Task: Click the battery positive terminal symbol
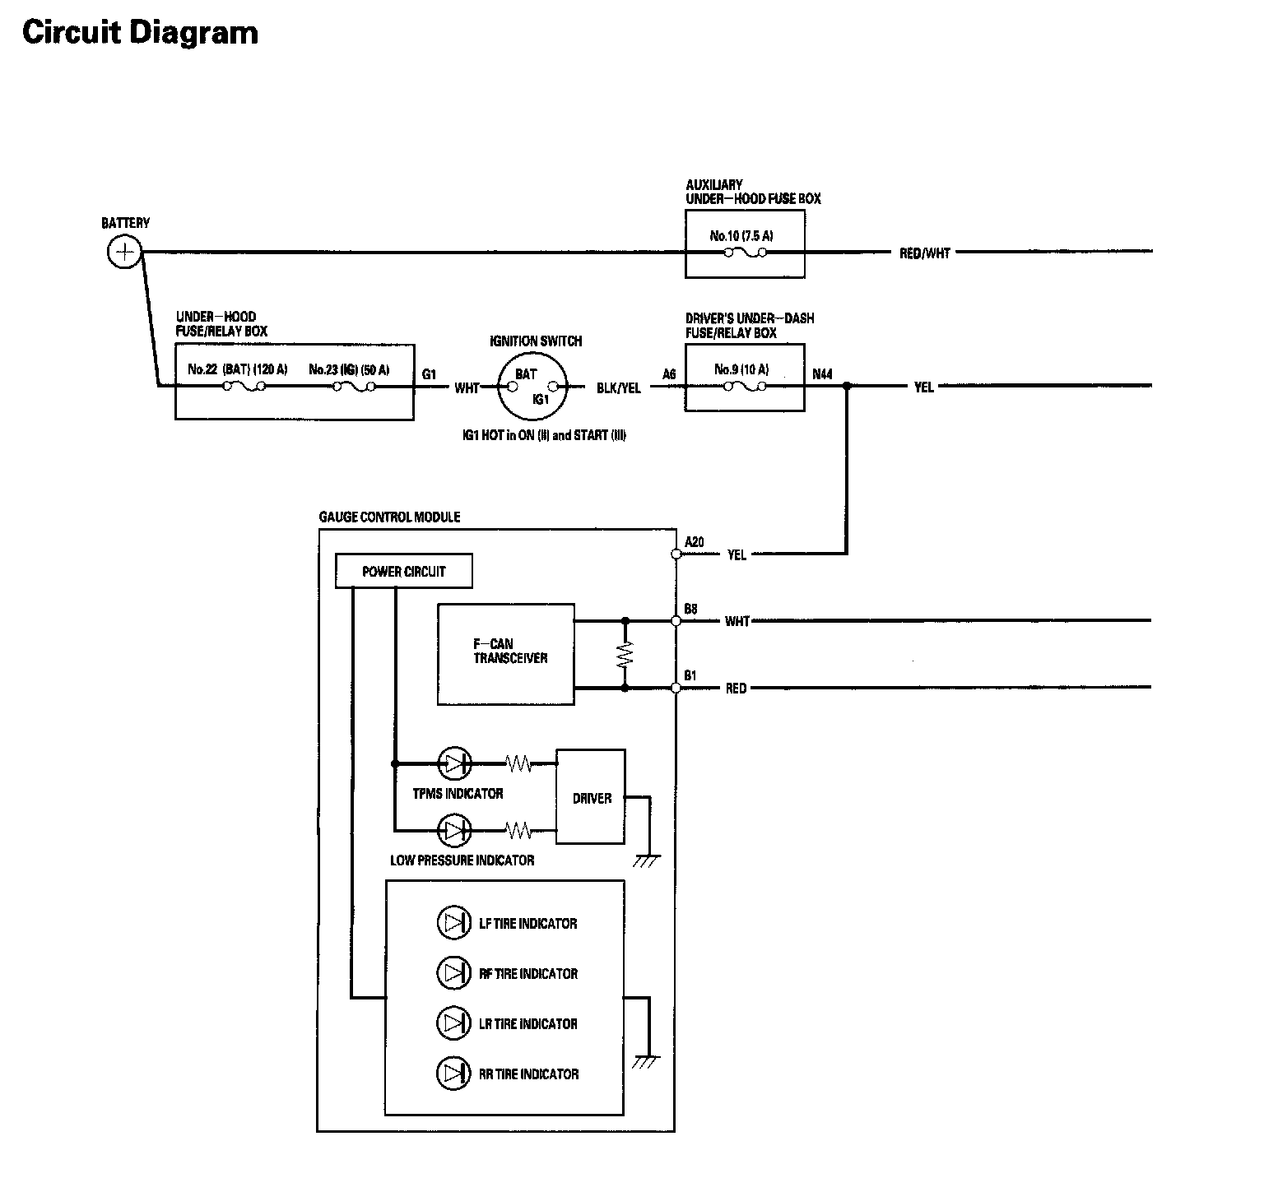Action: [124, 252]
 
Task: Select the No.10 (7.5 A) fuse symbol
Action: [745, 253]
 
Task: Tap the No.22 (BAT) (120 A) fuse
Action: [243, 386]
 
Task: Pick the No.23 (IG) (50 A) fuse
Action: [355, 386]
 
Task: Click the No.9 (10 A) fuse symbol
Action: [745, 386]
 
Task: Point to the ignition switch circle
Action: [532, 386]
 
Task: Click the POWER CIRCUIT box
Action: [404, 572]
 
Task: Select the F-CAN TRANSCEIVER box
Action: [506, 654]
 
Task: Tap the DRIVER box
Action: [591, 796]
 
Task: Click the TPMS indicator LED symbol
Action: [454, 764]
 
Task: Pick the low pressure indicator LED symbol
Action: [454, 831]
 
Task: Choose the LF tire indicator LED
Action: [453, 923]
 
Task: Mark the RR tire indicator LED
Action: [453, 1074]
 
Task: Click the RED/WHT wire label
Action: [925, 253]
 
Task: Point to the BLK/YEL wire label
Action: [619, 387]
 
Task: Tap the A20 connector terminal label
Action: [695, 541]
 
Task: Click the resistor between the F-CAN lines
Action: [625, 654]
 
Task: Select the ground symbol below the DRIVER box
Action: [647, 860]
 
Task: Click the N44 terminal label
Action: [822, 374]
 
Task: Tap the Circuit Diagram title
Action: [140, 33]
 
